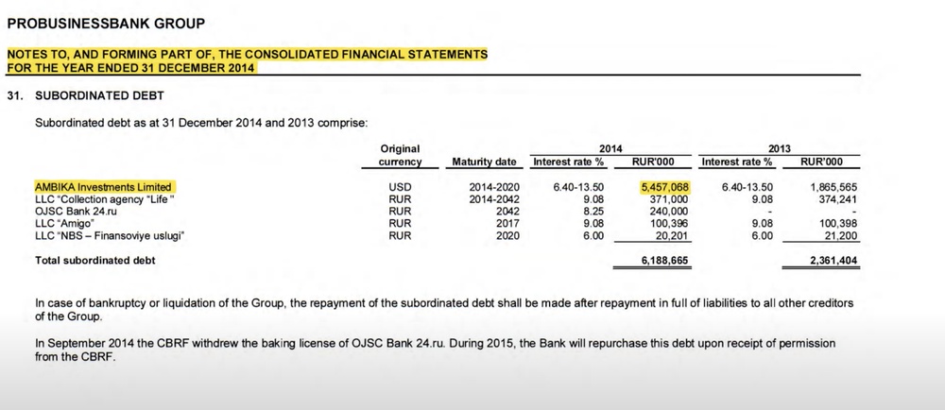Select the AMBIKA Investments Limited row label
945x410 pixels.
point(103,188)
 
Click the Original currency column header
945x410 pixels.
point(400,155)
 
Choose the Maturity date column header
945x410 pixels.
point(484,162)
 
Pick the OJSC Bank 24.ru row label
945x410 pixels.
point(77,212)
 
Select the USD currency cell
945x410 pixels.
point(400,188)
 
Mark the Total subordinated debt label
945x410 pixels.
point(94,260)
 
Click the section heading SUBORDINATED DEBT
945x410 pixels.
point(99,95)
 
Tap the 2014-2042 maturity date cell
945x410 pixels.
point(494,199)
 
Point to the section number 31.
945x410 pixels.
point(14,95)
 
